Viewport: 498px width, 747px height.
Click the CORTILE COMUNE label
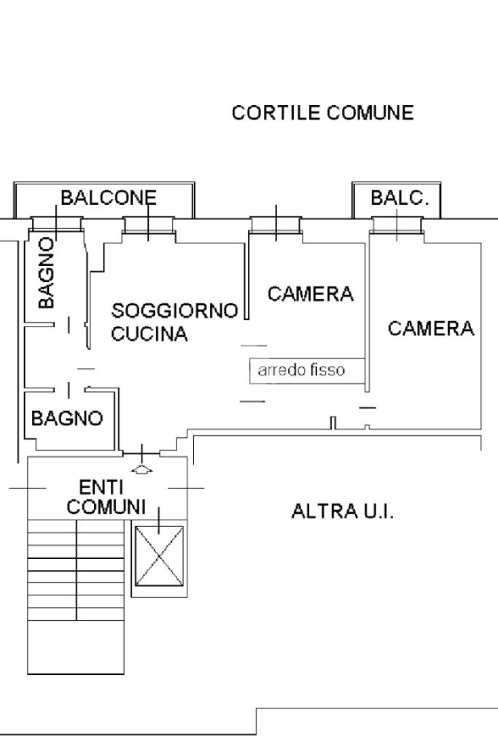pos(322,113)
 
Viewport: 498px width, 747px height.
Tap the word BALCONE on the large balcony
pos(108,197)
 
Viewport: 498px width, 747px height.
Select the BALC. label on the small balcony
pos(400,197)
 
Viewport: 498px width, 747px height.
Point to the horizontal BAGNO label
pos(67,418)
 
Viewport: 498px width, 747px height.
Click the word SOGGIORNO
pos(174,311)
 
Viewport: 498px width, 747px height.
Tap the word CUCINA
pos(149,335)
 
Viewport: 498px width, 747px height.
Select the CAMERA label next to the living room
pos(311,294)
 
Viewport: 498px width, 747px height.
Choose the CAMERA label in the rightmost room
pos(431,329)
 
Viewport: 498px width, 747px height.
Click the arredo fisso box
pos(307,370)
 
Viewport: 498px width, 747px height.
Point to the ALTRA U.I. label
pos(342,511)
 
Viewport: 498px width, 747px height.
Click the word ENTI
pos(101,487)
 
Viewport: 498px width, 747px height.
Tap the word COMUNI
pos(106,507)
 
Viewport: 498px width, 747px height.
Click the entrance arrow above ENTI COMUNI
pos(143,468)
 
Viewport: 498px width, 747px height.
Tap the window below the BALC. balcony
pos(397,225)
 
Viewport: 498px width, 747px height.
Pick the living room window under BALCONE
pos(149,224)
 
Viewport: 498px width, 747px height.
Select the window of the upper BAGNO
pos(56,224)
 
